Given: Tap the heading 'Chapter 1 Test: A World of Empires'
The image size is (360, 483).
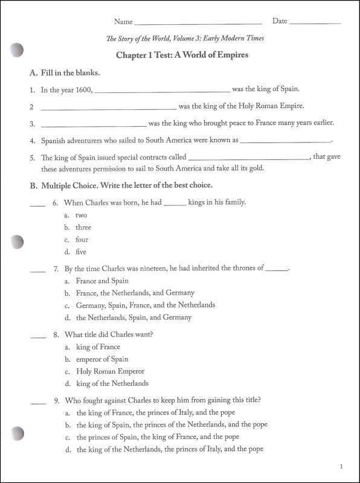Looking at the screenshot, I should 182,55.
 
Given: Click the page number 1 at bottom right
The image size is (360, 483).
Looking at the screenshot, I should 342,466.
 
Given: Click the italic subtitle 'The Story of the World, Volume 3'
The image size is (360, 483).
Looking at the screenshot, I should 185,39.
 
